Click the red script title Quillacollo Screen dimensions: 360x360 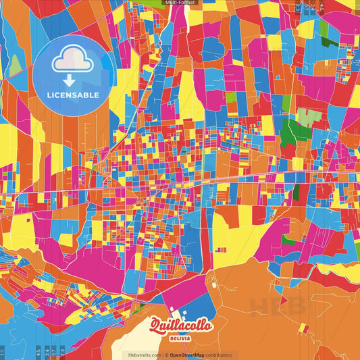pos(180,325)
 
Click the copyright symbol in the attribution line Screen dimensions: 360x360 pos(165,355)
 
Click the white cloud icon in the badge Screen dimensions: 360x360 pos(72,59)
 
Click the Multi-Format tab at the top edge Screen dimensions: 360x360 pos(180,3)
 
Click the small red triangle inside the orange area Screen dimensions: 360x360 pos(305,329)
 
